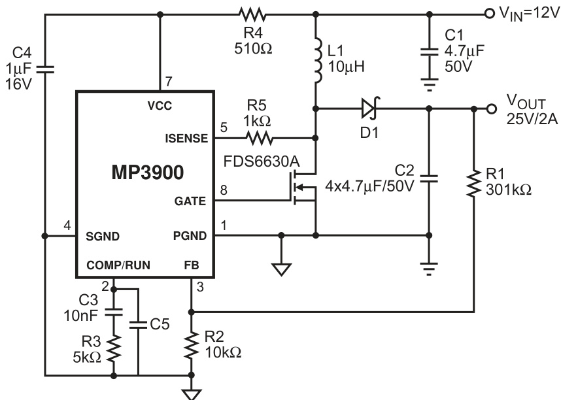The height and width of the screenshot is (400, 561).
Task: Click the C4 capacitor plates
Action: [x=44, y=67]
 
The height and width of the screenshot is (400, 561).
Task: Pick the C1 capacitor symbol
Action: [x=430, y=52]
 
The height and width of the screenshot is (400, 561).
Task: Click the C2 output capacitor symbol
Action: [x=430, y=178]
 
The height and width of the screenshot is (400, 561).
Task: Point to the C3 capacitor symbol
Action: [x=114, y=308]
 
